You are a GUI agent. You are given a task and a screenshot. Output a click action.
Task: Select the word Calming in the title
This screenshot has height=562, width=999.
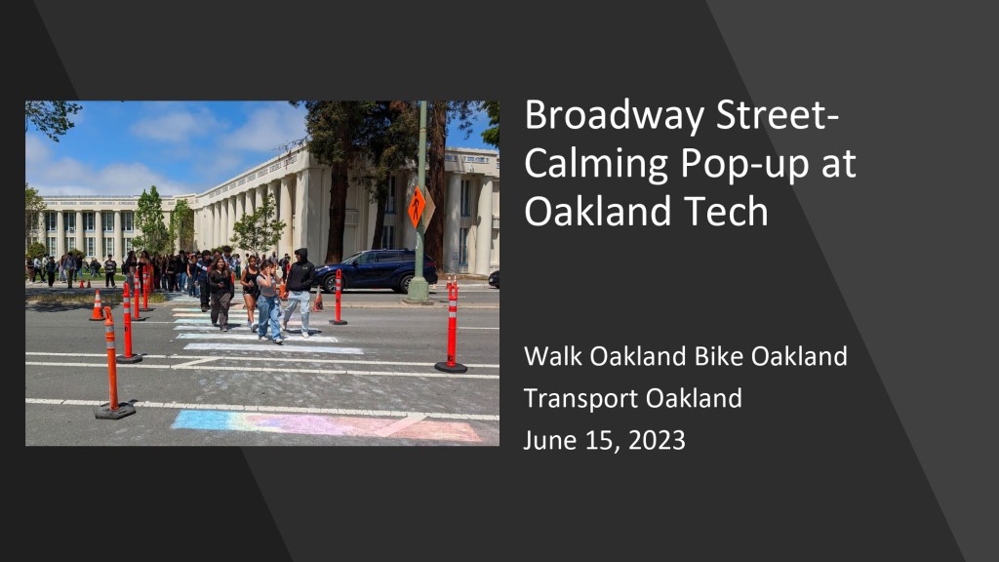[x=596, y=164]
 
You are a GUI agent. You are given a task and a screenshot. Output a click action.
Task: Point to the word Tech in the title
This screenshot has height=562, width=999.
[x=729, y=211]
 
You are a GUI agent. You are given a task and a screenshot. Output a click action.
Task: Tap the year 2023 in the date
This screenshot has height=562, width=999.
[x=657, y=440]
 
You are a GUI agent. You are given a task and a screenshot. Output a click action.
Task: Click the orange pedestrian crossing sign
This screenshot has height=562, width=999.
[x=417, y=207]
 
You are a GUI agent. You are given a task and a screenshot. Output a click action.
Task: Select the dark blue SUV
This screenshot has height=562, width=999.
[x=376, y=270]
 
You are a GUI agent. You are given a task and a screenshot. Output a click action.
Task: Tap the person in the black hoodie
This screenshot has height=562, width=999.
[x=299, y=291]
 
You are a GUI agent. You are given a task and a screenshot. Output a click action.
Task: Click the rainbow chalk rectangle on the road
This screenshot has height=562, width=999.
[x=325, y=425]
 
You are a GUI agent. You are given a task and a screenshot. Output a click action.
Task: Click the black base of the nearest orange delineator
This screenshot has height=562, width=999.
[x=115, y=410]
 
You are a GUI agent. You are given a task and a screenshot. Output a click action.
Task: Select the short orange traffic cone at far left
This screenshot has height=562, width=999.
[x=97, y=305]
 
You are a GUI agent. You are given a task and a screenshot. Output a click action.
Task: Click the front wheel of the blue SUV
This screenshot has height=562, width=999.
[x=405, y=283]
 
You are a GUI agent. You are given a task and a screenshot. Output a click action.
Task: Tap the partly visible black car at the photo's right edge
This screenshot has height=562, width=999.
[x=494, y=278]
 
